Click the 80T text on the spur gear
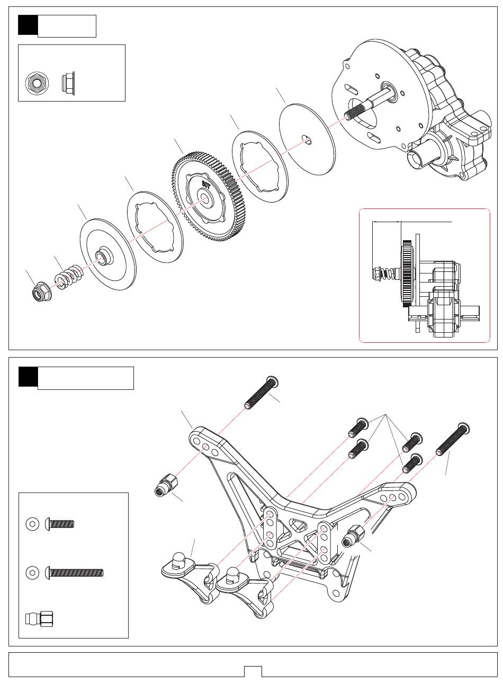(x=206, y=184)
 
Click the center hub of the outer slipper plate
(x=104, y=256)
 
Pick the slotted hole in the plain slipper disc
(x=307, y=139)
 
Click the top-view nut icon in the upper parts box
(x=37, y=84)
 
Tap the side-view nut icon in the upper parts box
(x=68, y=84)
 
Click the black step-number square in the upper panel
(x=28, y=25)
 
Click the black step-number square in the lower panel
(x=28, y=377)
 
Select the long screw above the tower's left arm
(x=262, y=392)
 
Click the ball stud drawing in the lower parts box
(x=39, y=619)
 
